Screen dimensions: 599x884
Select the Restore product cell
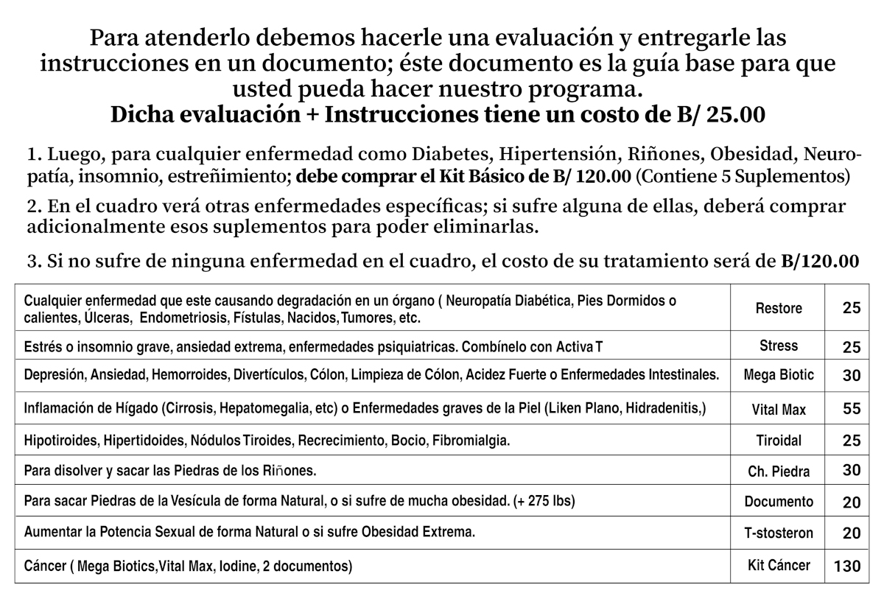[779, 309]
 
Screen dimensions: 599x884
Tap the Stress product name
[779, 346]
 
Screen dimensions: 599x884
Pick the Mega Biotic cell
[779, 375]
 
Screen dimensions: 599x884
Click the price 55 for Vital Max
[852, 410]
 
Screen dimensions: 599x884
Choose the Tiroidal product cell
[779, 441]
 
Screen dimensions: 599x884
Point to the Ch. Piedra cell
[779, 472]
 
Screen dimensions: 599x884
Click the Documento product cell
[779, 502]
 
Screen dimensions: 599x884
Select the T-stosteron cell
[779, 533]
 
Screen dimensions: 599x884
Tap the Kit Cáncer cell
[779, 566]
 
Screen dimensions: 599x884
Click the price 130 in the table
[847, 567]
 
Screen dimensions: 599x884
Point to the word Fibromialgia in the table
[471, 441]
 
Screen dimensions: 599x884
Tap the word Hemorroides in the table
[190, 374]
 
